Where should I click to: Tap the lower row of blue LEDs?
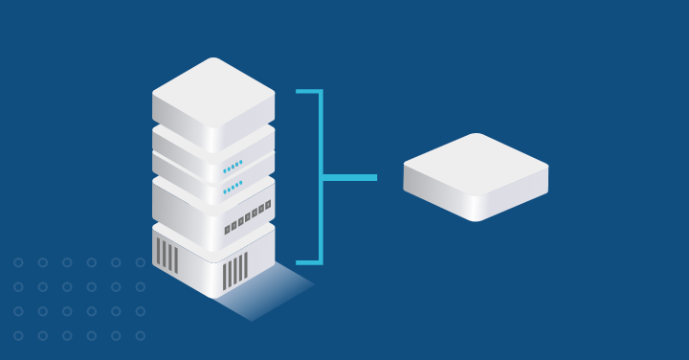(233, 187)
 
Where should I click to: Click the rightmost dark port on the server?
(268, 204)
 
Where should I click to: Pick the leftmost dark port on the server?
(227, 230)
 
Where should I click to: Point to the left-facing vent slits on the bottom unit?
(167, 255)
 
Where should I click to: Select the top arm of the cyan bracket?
(308, 92)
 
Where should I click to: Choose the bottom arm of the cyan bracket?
(308, 261)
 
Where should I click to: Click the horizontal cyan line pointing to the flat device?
(350, 177)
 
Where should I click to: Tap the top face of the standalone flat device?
(476, 164)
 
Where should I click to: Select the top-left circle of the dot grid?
(18, 262)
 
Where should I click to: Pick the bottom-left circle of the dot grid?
(18, 336)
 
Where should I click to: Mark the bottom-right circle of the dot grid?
(141, 336)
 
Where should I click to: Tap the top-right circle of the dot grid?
(141, 262)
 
